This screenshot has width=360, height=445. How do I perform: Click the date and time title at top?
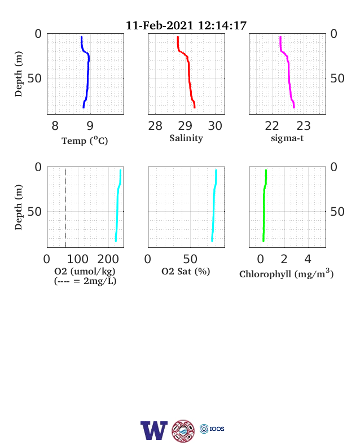point(186,25)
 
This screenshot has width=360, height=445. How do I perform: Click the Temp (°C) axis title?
point(85,141)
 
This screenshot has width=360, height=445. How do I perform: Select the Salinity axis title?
point(186,138)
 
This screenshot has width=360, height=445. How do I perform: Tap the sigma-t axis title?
point(287,138)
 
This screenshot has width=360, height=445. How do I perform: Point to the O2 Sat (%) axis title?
point(186,271)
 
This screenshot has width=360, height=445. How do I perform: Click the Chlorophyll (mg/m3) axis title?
point(286,273)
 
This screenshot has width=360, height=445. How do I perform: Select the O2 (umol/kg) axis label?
point(85,271)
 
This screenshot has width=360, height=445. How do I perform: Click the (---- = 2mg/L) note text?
point(85,281)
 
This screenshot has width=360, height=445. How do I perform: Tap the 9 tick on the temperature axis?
point(90,126)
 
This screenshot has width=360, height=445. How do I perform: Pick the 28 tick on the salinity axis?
point(155,126)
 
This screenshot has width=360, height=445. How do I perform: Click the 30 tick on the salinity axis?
point(215,126)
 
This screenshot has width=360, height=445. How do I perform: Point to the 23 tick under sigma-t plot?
point(304,126)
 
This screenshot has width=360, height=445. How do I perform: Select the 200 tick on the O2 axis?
point(108,259)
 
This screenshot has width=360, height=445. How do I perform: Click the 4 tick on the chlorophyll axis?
point(308,259)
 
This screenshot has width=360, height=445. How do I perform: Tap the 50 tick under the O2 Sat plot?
point(190,259)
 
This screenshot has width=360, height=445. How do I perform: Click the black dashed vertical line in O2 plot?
point(65,208)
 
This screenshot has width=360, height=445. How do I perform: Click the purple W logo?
point(154,430)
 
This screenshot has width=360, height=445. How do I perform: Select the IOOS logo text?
point(217,429)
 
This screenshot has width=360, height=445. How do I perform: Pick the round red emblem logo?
point(183,431)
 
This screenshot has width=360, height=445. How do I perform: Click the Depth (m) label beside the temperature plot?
point(19,74)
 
